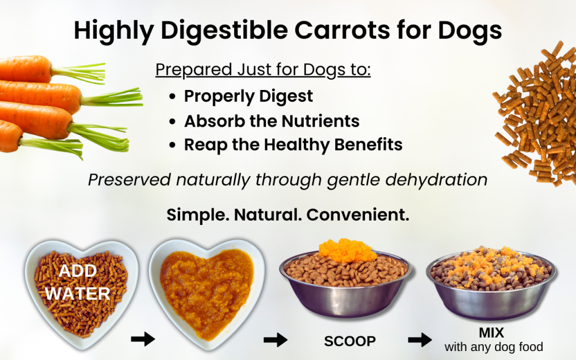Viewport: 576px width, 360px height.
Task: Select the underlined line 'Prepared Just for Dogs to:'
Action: tap(263, 70)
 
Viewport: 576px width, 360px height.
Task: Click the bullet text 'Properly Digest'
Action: tap(248, 96)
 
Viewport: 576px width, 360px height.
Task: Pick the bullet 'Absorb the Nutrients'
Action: tap(272, 120)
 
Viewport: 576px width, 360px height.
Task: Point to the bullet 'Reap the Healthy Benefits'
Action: tap(293, 145)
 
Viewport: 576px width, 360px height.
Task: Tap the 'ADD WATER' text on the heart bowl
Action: tap(78, 282)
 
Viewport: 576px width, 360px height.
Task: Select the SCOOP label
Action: tap(349, 341)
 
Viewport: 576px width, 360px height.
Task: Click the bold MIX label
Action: tap(492, 332)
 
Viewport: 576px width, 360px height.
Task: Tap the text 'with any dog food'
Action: tap(493, 347)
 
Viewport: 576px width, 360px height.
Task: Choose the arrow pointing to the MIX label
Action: tap(420, 340)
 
